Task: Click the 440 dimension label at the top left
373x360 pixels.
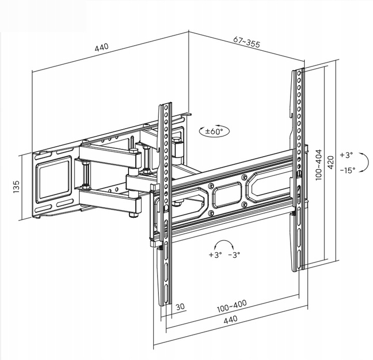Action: (102, 47)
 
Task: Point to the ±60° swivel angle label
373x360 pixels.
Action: (214, 132)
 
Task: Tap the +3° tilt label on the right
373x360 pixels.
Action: (346, 155)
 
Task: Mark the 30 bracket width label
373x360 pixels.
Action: (180, 307)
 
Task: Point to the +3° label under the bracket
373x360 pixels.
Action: (215, 255)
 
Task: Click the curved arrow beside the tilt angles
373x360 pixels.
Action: (365, 162)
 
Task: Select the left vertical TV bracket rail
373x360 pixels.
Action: (165, 207)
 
